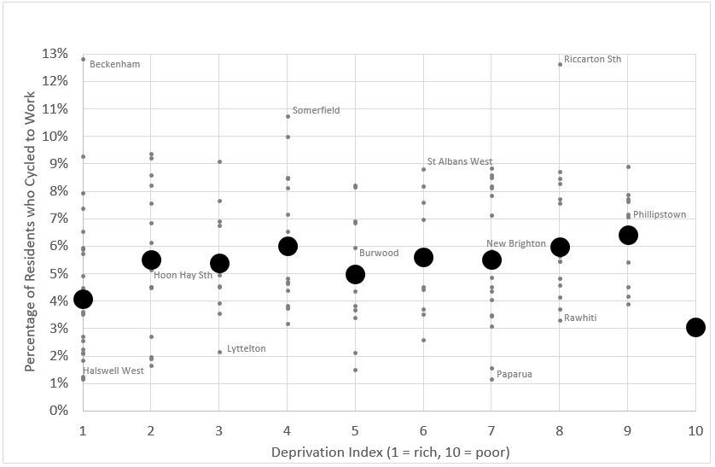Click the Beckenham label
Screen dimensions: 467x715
[x=114, y=64]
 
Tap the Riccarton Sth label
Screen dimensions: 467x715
[x=592, y=60]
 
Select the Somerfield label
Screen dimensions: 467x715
[x=316, y=110]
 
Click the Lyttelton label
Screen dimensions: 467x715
[x=246, y=348]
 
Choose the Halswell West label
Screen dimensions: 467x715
[x=113, y=371]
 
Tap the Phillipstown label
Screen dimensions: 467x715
[x=659, y=215]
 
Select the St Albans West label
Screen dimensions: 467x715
[x=459, y=162]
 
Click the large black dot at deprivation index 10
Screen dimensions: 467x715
[x=695, y=327]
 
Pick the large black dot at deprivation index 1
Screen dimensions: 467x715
[x=83, y=299]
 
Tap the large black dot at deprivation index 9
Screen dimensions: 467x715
[x=628, y=235]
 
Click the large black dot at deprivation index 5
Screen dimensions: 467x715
[x=356, y=274]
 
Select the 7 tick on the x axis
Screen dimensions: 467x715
[x=491, y=428]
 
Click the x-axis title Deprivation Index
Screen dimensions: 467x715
[x=389, y=451]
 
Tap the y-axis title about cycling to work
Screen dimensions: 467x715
[x=31, y=231]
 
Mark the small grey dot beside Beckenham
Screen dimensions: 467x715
[x=83, y=59]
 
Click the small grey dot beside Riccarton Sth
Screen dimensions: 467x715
[x=560, y=64]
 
